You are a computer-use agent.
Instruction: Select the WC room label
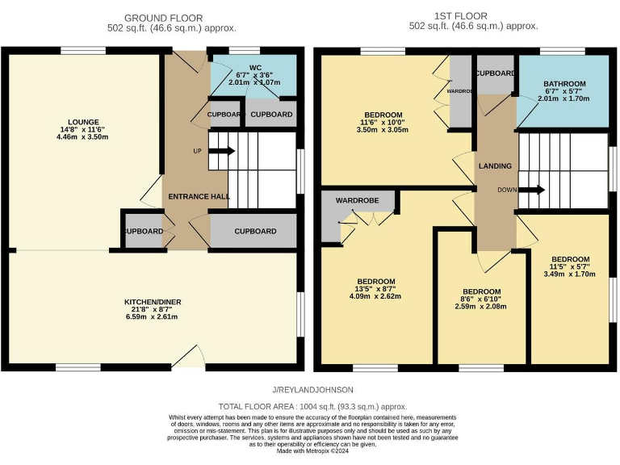point(253,67)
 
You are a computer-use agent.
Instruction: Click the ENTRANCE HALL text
point(198,196)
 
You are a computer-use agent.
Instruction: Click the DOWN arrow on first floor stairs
point(531,190)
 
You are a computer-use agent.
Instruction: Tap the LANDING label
point(495,166)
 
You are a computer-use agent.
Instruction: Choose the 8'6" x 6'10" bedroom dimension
point(481,300)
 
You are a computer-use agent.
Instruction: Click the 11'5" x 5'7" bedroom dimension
point(570,267)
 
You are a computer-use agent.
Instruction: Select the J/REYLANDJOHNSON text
point(314,390)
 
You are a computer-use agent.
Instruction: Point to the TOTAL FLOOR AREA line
point(314,407)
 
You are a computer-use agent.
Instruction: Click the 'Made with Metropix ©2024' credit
point(312,450)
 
